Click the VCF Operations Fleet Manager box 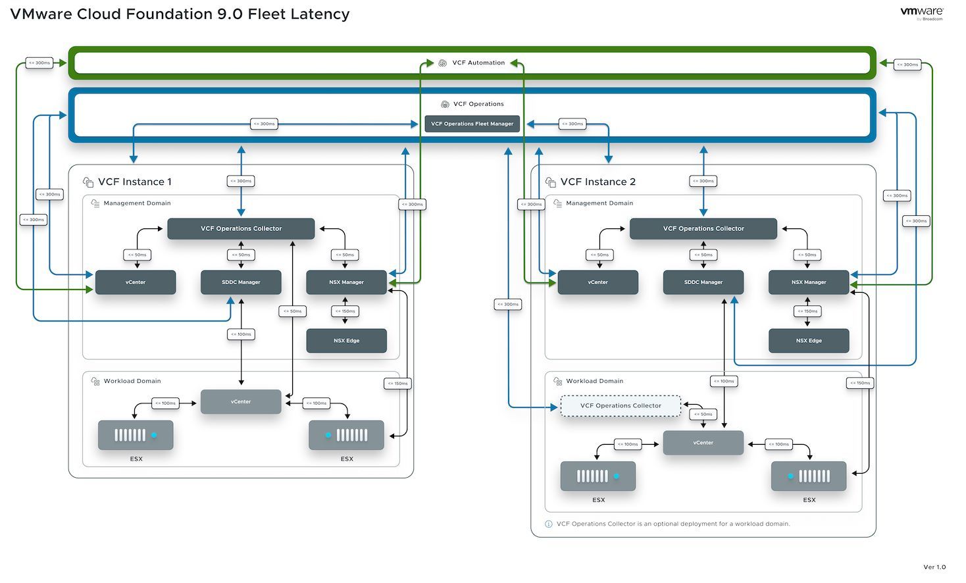click(x=472, y=124)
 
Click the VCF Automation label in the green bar click(x=478, y=63)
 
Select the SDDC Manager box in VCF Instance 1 click(x=241, y=282)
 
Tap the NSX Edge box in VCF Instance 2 click(x=809, y=341)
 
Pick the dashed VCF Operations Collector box click(x=621, y=406)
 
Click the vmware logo click(x=921, y=12)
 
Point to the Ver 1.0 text click(x=934, y=567)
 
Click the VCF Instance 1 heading click(x=134, y=182)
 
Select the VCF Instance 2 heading click(x=597, y=182)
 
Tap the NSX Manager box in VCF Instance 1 click(x=346, y=282)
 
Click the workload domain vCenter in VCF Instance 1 click(x=241, y=401)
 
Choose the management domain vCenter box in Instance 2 click(x=597, y=282)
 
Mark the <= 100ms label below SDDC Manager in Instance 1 click(x=241, y=334)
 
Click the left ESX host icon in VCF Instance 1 click(x=136, y=435)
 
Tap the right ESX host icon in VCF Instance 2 click(x=809, y=476)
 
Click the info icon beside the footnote click(x=549, y=524)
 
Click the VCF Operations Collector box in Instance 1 click(x=241, y=229)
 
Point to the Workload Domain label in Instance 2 click(x=594, y=381)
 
